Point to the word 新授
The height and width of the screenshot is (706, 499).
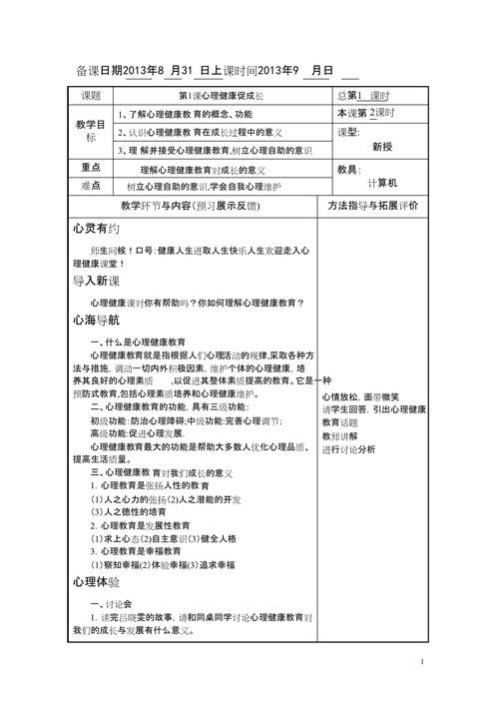(x=382, y=146)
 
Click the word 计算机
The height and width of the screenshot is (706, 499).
(x=382, y=184)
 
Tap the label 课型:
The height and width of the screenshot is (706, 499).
(x=348, y=132)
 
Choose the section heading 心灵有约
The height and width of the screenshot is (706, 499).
(x=95, y=228)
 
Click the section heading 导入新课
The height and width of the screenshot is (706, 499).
(x=95, y=282)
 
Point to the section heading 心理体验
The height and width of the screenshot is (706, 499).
(x=95, y=580)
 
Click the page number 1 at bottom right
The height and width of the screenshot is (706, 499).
(x=423, y=661)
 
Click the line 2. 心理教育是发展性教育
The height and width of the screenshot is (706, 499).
(x=140, y=524)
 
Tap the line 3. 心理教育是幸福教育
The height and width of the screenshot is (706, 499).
(x=136, y=550)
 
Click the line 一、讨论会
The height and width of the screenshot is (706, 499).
(x=112, y=604)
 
